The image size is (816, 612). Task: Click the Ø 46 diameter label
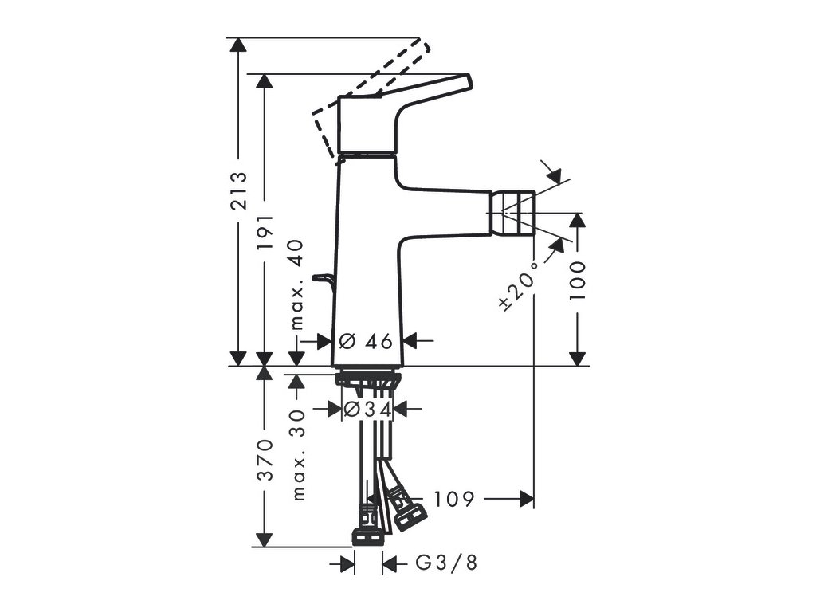[x=367, y=341]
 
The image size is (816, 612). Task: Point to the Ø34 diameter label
[x=367, y=409]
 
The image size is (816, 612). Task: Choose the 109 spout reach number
[x=454, y=500]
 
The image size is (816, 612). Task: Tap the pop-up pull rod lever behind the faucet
[x=323, y=278]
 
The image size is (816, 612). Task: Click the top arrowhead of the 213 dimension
[x=235, y=45]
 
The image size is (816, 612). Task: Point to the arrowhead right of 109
[x=527, y=500]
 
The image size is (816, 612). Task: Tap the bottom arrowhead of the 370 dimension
[x=263, y=539]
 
